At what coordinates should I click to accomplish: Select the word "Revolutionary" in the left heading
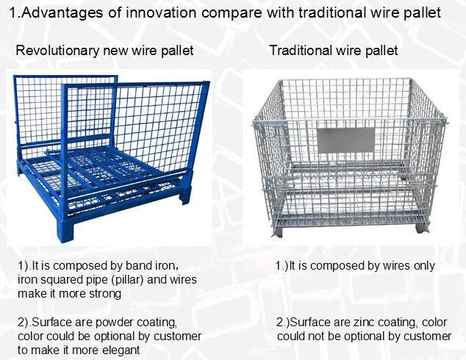[57, 51]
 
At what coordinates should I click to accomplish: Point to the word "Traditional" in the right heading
[301, 50]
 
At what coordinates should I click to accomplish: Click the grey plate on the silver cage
[346, 140]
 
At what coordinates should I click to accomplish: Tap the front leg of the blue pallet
[65, 230]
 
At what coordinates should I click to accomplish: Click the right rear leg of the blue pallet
[185, 194]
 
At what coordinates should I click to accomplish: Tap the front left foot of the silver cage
[277, 231]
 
